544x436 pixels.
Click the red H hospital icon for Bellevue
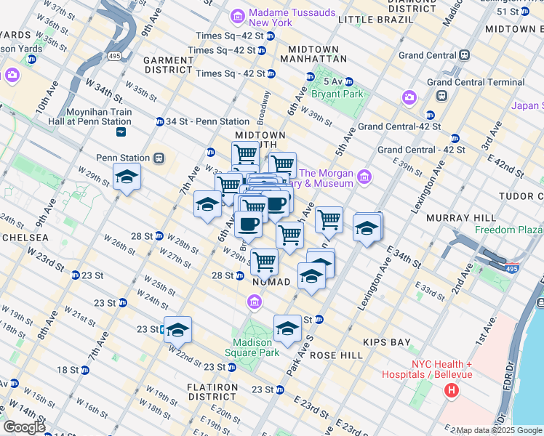[x=451, y=391]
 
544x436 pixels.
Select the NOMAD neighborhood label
[x=271, y=281]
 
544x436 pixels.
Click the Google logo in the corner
[x=24, y=427]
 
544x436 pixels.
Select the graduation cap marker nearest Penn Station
[x=127, y=177]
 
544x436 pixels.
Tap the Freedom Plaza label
[x=509, y=230]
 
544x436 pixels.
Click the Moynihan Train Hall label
[x=97, y=117]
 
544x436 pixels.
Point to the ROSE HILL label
[x=336, y=356]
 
